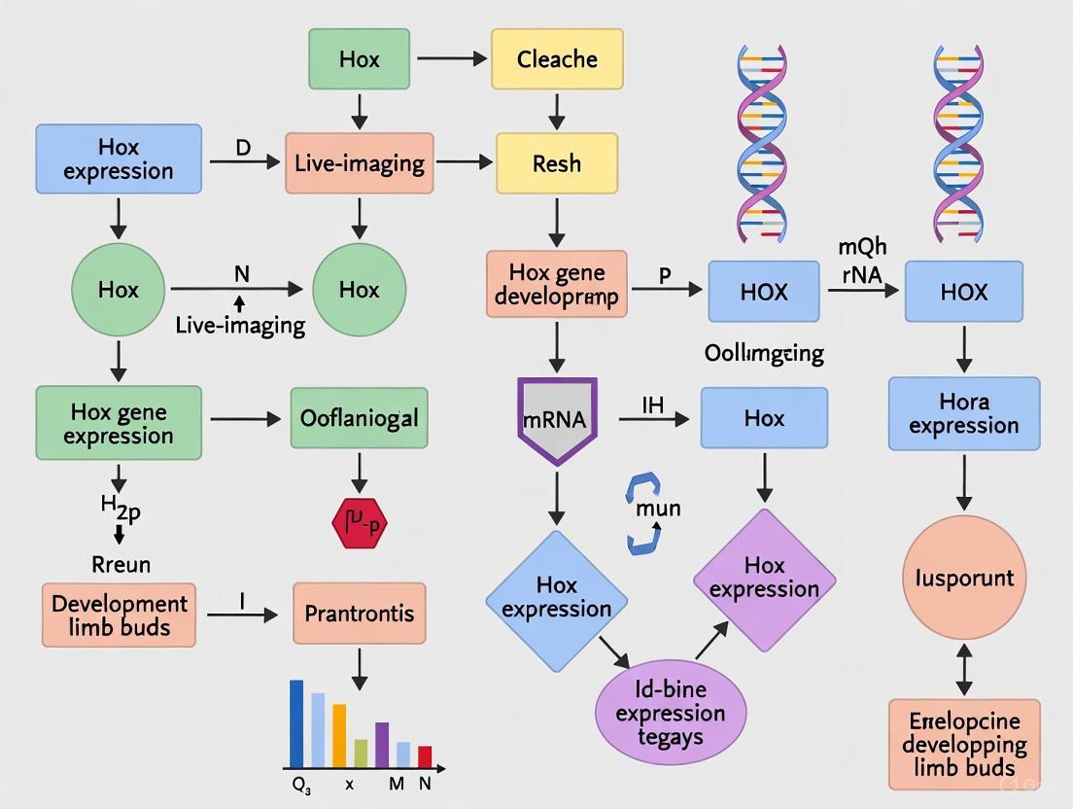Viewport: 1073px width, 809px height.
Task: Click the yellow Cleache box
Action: (x=557, y=59)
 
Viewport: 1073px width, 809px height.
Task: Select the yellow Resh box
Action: (x=556, y=162)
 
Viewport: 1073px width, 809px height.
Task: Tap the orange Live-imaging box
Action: (x=360, y=162)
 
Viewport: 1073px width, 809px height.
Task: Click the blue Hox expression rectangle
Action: (x=118, y=158)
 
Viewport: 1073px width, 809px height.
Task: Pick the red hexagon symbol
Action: (x=360, y=526)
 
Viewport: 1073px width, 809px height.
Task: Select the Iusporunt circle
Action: (x=964, y=578)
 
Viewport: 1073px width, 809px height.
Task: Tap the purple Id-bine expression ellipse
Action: (x=670, y=713)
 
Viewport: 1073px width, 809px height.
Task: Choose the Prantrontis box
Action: (x=360, y=614)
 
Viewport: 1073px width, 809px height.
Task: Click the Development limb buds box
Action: (x=119, y=615)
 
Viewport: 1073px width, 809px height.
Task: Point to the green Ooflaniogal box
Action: (x=360, y=418)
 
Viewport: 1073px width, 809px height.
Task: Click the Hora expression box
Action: (x=964, y=414)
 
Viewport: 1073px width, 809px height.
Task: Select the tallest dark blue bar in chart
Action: (x=297, y=723)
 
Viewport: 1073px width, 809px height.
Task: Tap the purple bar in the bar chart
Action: (x=382, y=745)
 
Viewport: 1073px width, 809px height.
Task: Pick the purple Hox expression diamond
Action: (x=764, y=578)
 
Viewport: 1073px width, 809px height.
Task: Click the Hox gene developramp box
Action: (x=556, y=285)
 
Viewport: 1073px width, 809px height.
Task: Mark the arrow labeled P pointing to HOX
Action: (x=667, y=290)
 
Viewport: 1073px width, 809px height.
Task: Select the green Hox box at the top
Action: (x=360, y=59)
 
